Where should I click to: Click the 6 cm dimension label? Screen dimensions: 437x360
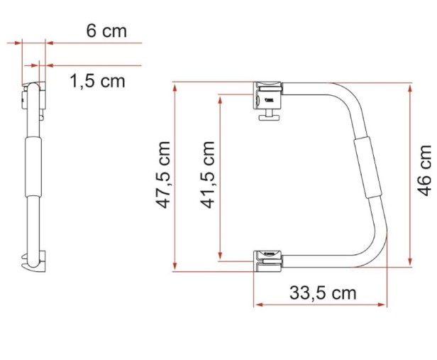tap(106, 31)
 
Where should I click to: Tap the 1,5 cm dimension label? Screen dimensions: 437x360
tap(97, 81)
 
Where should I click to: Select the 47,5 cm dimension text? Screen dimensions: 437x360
tap(163, 175)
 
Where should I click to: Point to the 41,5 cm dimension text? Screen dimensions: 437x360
tap(208, 175)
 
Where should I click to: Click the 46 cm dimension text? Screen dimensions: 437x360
tap(424, 170)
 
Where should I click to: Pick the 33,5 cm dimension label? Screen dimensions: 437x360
tap(323, 293)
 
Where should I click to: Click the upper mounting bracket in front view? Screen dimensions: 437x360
tap(267, 95)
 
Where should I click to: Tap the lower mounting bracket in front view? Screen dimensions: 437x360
tap(267, 261)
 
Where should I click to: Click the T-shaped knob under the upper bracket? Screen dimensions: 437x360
tap(269, 115)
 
